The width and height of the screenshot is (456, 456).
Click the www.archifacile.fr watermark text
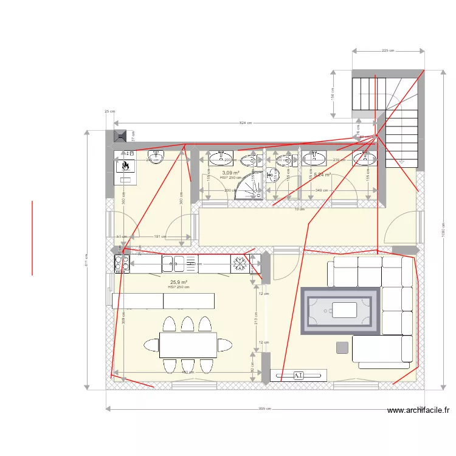pos(418,411)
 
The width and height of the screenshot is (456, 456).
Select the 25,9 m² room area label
pos(178,282)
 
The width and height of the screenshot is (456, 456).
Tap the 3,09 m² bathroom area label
pos(230,173)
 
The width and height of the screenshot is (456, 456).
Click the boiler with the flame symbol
pos(126,167)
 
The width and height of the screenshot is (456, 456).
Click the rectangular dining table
pos(188,345)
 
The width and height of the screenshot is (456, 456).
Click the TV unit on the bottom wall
pos(299,376)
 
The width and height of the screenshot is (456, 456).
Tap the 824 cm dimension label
pos(245,123)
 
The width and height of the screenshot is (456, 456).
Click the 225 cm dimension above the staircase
pos(388,51)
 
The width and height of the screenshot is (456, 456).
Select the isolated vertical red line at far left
pos(32,238)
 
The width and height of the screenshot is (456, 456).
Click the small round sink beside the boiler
pos(156,158)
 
